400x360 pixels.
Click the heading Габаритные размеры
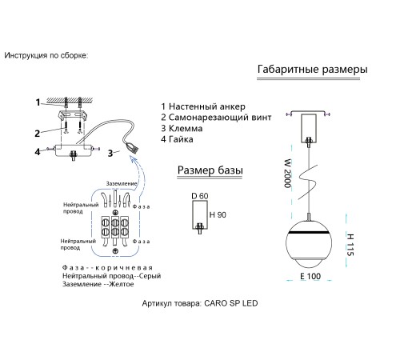tap(312, 69)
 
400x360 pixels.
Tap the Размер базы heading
tap(210, 170)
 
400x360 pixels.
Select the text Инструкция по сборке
tap(46, 55)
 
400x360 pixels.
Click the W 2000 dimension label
tap(288, 174)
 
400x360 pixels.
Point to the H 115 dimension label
tap(350, 245)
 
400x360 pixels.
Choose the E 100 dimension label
tap(310, 276)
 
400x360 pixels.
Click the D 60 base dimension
tap(200, 196)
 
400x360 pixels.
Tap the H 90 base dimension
tap(218, 214)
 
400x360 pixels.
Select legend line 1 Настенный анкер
tap(203, 106)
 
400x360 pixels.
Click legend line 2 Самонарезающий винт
tap(216, 118)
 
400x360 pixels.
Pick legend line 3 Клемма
tap(182, 128)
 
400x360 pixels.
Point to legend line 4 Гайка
tap(177, 139)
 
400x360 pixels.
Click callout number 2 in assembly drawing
tap(38, 134)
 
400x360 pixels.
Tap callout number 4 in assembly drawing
tap(38, 152)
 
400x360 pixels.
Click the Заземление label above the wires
tap(122, 184)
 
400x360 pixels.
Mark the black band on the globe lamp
tap(309, 233)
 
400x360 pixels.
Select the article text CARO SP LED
tap(231, 303)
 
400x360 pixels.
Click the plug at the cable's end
tap(133, 147)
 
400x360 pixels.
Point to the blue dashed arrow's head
tap(134, 159)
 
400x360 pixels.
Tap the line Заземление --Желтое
tap(98, 284)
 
